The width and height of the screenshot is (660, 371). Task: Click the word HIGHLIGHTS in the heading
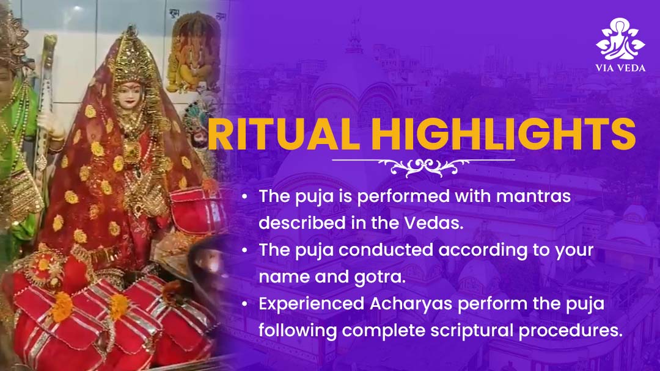[x=504, y=134]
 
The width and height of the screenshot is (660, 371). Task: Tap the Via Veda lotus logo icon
[x=620, y=38]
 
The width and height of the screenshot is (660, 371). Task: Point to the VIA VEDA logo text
[x=620, y=68]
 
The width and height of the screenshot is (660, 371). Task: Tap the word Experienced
[x=312, y=304]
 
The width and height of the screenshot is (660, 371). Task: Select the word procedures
[x=571, y=331]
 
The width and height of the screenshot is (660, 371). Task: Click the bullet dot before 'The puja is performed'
[x=245, y=196]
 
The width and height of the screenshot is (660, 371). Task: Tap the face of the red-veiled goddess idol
[x=128, y=95]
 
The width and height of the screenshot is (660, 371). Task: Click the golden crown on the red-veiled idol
[x=131, y=56]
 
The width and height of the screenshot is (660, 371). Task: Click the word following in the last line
[x=298, y=331]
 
